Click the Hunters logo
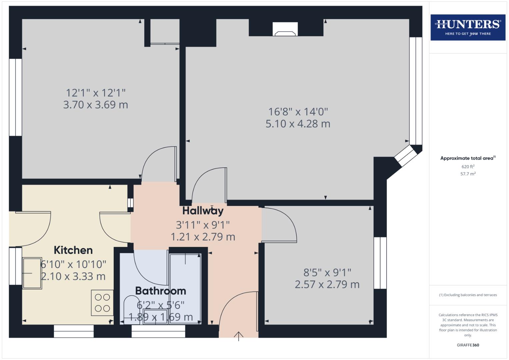click(x=468, y=27)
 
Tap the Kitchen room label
click(x=73, y=250)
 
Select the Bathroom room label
click(x=160, y=291)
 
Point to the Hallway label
click(x=203, y=211)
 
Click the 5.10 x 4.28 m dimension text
click(x=298, y=124)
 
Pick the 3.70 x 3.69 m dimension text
click(x=96, y=105)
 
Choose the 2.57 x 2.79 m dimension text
click(x=327, y=285)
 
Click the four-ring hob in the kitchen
click(x=102, y=303)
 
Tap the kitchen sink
click(x=32, y=273)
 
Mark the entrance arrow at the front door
click(x=239, y=336)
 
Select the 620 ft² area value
click(x=468, y=167)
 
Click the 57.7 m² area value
click(x=468, y=174)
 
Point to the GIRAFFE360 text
click(x=468, y=345)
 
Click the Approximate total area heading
click(x=468, y=158)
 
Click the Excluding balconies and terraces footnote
click(x=468, y=295)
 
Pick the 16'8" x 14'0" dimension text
click(x=298, y=112)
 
